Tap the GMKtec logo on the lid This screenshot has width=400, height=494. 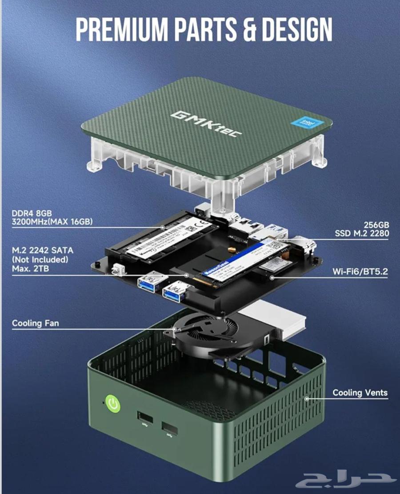point(204,123)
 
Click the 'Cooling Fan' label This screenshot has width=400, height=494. point(35,323)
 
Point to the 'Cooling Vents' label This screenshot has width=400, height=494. point(360,393)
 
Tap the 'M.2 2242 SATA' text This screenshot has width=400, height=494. point(43,251)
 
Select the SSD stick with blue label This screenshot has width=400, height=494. point(240,263)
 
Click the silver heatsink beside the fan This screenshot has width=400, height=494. point(276,318)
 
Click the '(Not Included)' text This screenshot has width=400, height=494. point(40,259)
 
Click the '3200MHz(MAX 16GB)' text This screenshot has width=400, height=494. point(52,221)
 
